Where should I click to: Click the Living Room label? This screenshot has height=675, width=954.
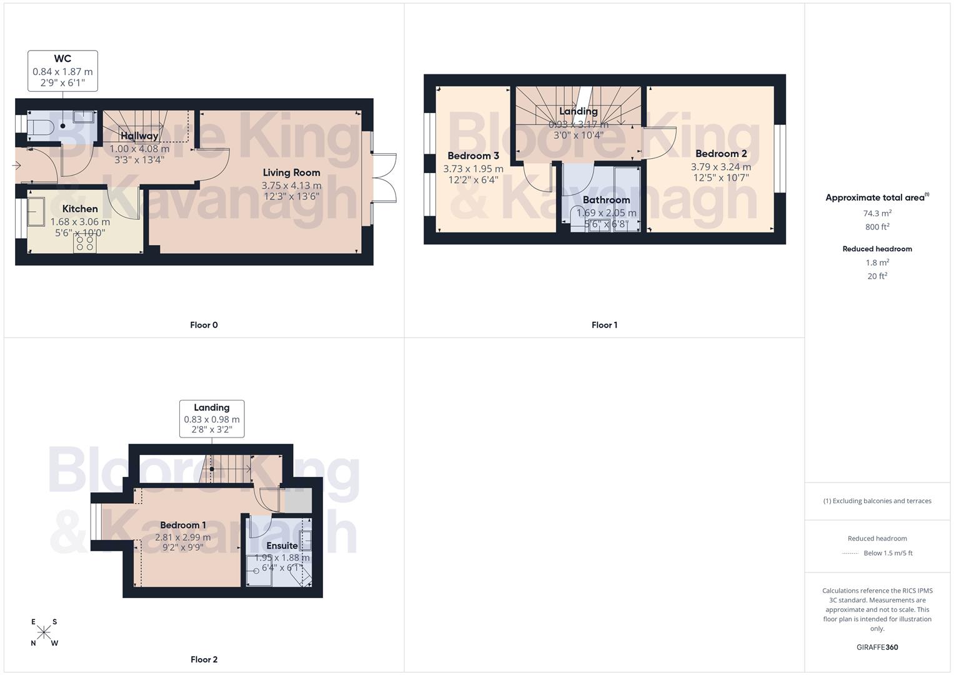coord(291,172)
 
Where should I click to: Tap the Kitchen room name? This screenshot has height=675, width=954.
coord(80,209)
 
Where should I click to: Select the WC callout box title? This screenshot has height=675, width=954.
coord(62,59)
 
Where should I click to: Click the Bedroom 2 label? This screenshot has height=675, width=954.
coord(721,154)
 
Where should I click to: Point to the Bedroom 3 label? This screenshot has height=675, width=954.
coord(473,156)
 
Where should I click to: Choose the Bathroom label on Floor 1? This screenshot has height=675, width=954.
coord(606,200)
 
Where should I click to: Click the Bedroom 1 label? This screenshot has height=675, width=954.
coord(182,525)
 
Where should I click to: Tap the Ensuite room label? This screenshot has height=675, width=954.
coord(282,546)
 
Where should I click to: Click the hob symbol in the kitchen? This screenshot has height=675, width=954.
coord(84,243)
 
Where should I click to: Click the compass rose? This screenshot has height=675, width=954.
coord(44,632)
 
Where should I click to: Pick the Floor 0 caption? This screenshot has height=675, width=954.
coord(204,325)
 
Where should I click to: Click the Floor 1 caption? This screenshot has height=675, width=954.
coord(604,325)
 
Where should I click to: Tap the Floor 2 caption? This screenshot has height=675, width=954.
coord(204,659)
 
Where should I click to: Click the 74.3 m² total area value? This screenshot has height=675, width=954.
coord(877,213)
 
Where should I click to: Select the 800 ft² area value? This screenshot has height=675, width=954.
coord(877,227)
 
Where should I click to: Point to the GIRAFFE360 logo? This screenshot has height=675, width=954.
coord(877,647)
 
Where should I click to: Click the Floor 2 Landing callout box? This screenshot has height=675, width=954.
coord(212,419)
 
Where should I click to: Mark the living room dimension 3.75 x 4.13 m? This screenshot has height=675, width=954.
coord(291,185)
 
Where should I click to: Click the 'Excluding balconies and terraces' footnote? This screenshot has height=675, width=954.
coord(877,501)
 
